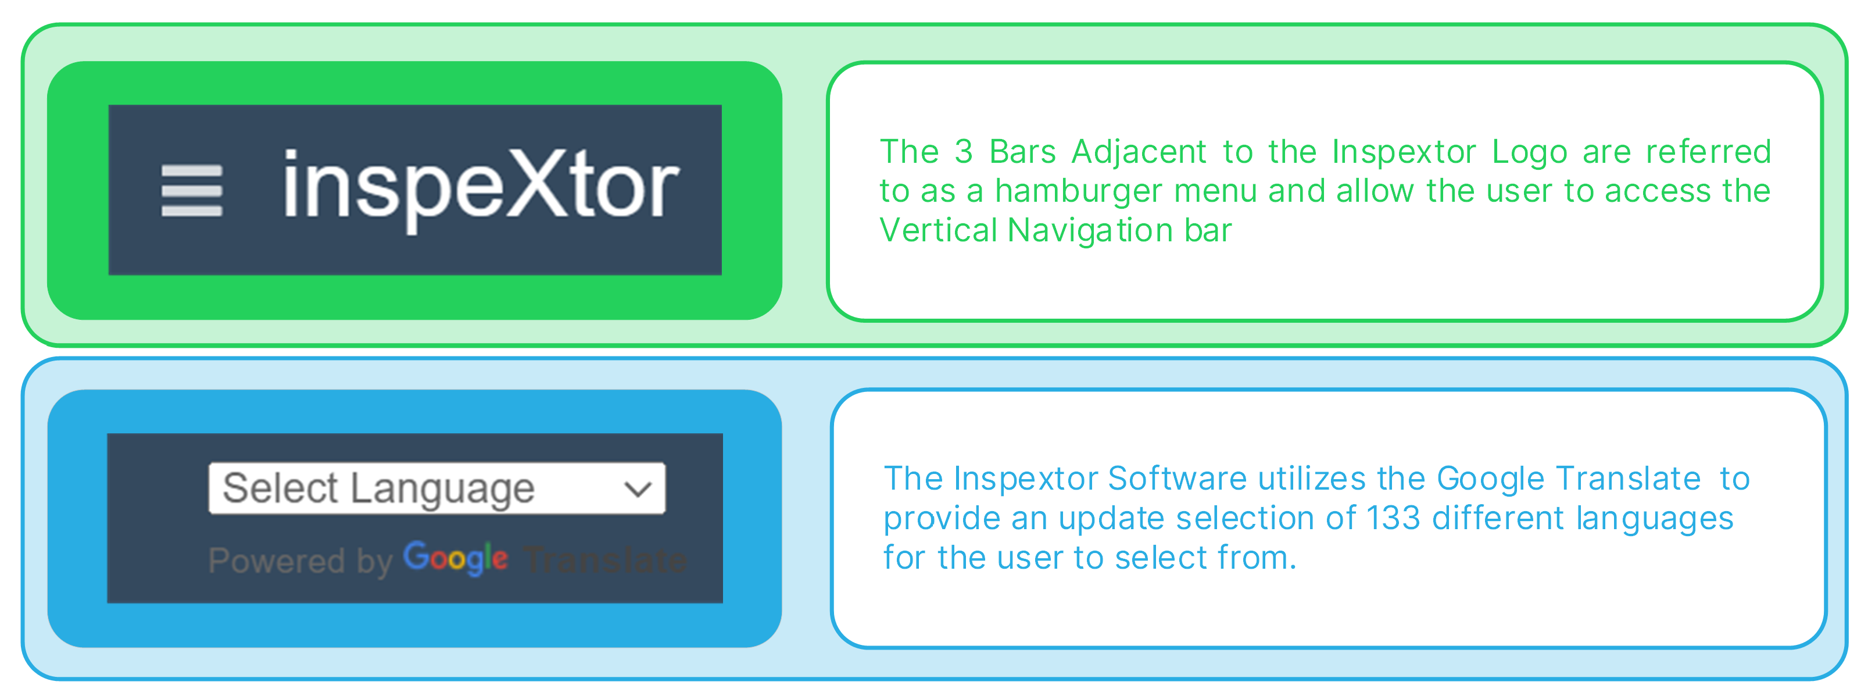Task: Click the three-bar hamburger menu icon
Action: click(191, 190)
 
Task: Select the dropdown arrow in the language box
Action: click(638, 490)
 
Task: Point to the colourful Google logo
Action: click(456, 558)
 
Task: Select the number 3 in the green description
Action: click(963, 152)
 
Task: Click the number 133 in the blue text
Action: click(1393, 519)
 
